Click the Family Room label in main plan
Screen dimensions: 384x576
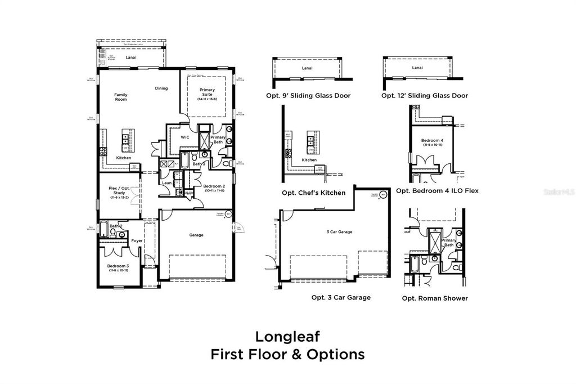click(x=120, y=97)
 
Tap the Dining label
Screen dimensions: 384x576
click(x=161, y=88)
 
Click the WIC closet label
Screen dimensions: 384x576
click(x=184, y=137)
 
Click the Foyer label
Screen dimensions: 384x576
click(x=137, y=241)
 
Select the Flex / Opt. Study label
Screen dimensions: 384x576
click(x=119, y=193)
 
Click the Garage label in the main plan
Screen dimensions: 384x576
click(x=196, y=235)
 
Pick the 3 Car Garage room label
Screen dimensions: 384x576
click(x=339, y=231)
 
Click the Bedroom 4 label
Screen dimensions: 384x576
click(x=431, y=140)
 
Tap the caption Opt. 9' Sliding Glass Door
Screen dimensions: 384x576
click(x=308, y=96)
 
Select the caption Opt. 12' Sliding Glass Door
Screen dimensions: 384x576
click(x=424, y=96)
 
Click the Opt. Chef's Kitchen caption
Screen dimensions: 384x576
click(x=313, y=193)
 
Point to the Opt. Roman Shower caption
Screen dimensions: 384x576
click(x=434, y=298)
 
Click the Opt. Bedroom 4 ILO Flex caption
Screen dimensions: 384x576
click(x=437, y=191)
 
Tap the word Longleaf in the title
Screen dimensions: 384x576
click(x=287, y=336)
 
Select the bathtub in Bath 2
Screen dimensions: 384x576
click(x=104, y=229)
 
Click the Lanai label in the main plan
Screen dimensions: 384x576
click(x=131, y=57)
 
